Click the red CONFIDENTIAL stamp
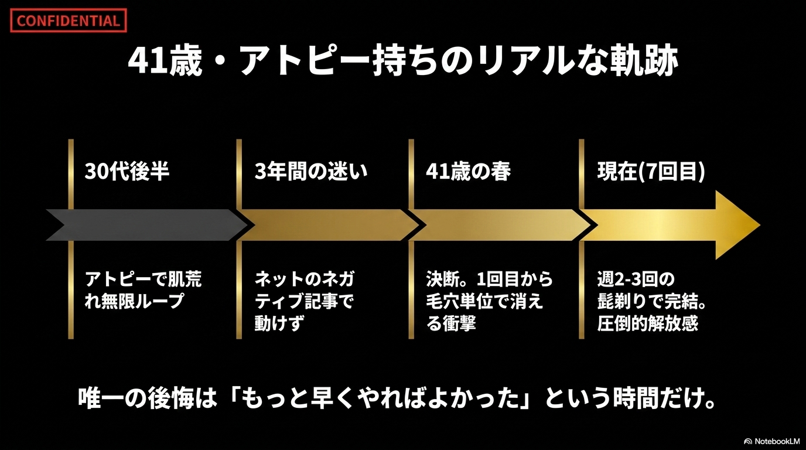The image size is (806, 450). (x=69, y=21)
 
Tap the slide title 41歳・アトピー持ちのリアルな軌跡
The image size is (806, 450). (x=403, y=60)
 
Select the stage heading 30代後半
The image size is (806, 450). (x=127, y=171)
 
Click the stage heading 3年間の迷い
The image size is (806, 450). (x=311, y=171)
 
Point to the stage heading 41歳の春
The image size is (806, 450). (x=468, y=171)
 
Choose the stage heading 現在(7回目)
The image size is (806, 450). (x=651, y=172)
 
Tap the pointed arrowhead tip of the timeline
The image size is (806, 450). (x=759, y=226)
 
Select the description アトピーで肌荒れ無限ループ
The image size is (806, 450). (x=143, y=290)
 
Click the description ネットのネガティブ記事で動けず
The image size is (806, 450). (x=305, y=301)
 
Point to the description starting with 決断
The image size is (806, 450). (x=489, y=301)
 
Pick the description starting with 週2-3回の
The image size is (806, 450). (x=651, y=301)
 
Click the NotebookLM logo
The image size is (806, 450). (x=772, y=441)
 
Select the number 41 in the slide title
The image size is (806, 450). (x=146, y=61)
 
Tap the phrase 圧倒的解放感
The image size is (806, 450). (x=648, y=323)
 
